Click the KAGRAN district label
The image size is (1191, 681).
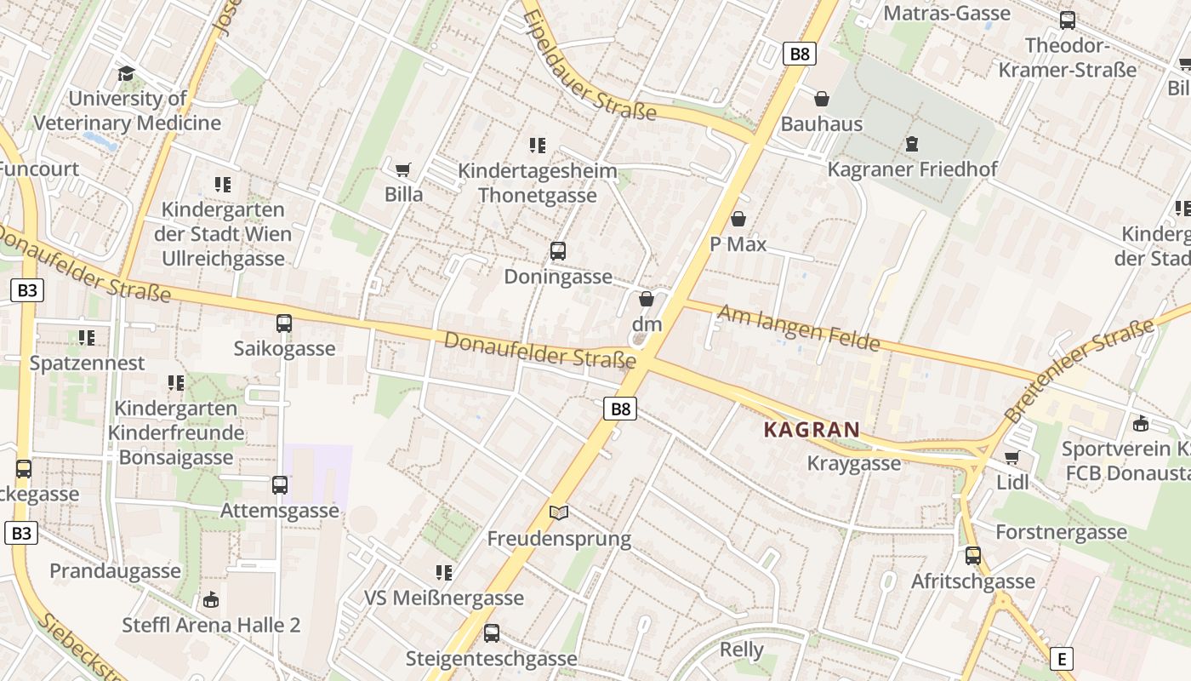click(x=812, y=430)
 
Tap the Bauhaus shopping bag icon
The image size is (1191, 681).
click(x=822, y=100)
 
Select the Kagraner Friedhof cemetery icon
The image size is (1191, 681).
click(x=912, y=144)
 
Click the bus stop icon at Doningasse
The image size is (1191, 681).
click(x=558, y=251)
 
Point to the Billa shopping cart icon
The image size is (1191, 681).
click(x=403, y=169)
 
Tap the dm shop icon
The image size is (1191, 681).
click(x=647, y=299)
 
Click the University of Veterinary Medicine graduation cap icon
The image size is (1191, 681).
click(x=127, y=73)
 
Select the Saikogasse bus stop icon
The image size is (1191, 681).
click(x=284, y=323)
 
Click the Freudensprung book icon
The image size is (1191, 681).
click(x=559, y=512)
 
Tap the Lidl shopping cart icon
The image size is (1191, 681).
click(x=1012, y=457)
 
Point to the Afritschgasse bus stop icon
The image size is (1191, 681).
click(x=973, y=556)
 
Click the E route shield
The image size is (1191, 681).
click(x=1061, y=659)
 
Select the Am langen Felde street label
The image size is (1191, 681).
click(x=798, y=328)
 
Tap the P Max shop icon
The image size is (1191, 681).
click(x=738, y=219)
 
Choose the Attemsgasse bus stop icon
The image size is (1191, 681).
click(x=280, y=485)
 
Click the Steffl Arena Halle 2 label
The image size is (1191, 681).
click(x=211, y=625)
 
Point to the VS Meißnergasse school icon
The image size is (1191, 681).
click(x=443, y=572)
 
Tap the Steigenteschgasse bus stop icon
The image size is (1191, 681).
click(x=492, y=633)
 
